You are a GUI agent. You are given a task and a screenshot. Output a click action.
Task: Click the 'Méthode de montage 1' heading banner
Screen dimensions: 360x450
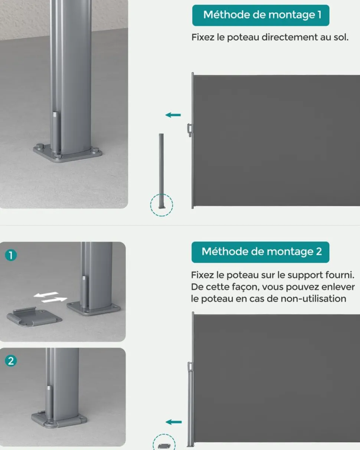click(261, 15)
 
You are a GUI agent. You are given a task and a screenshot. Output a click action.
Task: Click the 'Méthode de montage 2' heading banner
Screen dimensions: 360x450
click(261, 252)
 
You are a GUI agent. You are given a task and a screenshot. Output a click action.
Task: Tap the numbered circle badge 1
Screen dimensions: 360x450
click(11, 255)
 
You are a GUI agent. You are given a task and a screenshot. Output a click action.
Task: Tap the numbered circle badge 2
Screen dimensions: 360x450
click(11, 361)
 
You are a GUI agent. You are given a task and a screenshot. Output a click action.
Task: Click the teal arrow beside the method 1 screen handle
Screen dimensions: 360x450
click(173, 115)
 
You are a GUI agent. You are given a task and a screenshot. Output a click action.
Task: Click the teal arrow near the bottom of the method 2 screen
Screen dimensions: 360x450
click(173, 422)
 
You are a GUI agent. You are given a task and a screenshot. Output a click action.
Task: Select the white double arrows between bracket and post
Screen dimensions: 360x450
click(50, 297)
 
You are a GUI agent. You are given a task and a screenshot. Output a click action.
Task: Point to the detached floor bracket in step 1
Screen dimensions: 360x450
click(34, 316)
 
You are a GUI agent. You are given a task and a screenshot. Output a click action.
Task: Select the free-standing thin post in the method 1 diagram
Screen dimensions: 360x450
click(161, 171)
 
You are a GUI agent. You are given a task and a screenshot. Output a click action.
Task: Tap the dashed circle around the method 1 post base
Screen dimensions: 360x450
click(161, 205)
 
